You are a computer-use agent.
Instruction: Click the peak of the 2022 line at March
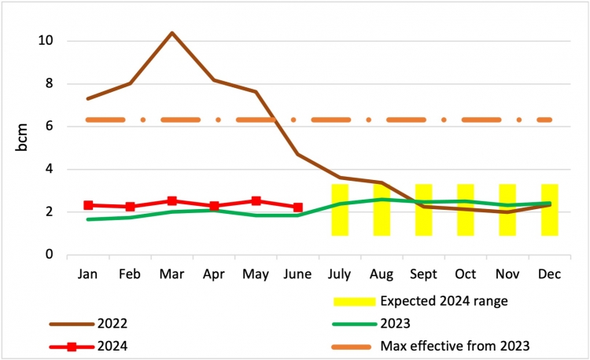pyautogui.click(x=172, y=33)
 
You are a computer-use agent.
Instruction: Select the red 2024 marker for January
pyautogui.click(x=89, y=205)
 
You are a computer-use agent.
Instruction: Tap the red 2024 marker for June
pyautogui.click(x=297, y=208)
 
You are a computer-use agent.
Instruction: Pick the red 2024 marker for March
pyautogui.click(x=172, y=201)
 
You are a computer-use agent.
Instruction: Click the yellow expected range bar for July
pyautogui.click(x=340, y=210)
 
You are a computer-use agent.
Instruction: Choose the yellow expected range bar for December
pyautogui.click(x=549, y=210)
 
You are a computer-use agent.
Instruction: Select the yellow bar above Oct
pyautogui.click(x=466, y=210)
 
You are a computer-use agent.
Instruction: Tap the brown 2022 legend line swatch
pyautogui.click(x=69, y=323)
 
